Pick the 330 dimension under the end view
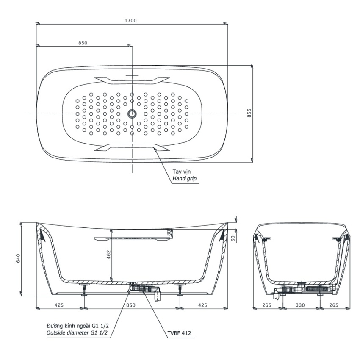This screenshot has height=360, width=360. (x=300, y=304)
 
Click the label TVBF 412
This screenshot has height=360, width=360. (x=179, y=334)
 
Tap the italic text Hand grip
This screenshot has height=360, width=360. (x=184, y=179)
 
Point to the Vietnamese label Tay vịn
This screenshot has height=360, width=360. (x=181, y=171)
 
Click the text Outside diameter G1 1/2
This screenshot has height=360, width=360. (x=77, y=334)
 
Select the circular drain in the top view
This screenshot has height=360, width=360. (x=132, y=114)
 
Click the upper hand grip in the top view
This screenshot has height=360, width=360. (x=132, y=79)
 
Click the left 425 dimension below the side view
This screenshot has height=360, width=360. (x=59, y=304)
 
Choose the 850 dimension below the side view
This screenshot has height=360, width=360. (x=132, y=304)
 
